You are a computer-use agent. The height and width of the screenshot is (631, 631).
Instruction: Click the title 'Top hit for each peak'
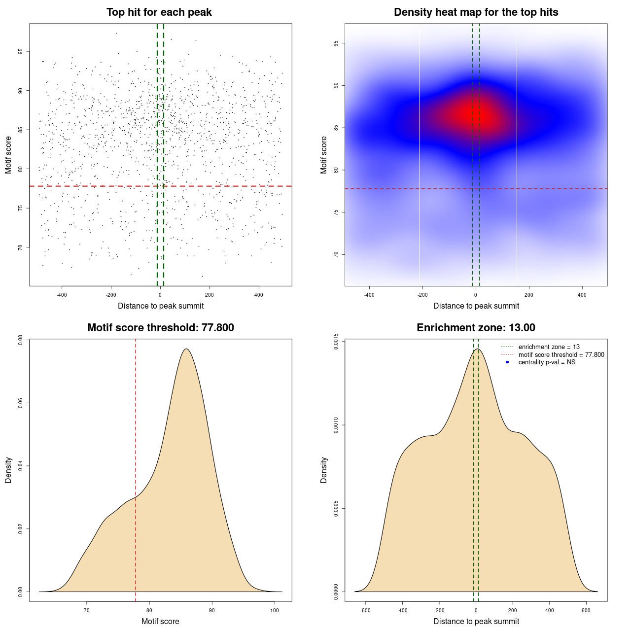click(x=159, y=12)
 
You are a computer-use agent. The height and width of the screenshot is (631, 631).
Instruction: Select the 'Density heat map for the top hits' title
click(x=476, y=12)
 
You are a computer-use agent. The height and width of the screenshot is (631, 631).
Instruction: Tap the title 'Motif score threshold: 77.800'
click(x=160, y=328)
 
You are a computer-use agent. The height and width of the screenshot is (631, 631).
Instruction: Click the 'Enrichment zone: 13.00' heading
click(x=476, y=328)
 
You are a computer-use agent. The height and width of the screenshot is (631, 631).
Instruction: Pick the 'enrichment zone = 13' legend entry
click(x=549, y=347)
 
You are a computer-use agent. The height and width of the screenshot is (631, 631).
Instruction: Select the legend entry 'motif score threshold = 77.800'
click(x=561, y=354)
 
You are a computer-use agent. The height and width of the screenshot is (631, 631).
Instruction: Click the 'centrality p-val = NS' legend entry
click(x=547, y=362)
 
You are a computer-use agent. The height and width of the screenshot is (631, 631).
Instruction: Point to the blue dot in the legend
click(x=507, y=362)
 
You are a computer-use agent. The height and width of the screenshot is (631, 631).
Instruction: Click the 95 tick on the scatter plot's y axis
click(x=21, y=51)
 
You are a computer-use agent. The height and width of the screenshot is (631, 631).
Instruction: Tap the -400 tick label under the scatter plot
click(x=62, y=295)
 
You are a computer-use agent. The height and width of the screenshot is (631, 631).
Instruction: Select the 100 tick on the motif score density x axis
click(x=275, y=610)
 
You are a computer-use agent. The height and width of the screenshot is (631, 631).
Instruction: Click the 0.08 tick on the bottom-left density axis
click(x=21, y=340)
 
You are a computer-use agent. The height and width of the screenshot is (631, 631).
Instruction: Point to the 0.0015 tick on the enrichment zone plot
click(x=336, y=342)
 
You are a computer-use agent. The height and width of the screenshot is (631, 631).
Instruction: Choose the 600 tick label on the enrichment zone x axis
click(x=586, y=610)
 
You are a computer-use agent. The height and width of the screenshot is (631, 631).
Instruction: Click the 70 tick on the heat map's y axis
click(x=336, y=254)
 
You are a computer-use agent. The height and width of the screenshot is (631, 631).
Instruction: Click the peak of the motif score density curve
click(x=186, y=349)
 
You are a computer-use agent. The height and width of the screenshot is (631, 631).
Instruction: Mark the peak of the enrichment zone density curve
click(x=477, y=349)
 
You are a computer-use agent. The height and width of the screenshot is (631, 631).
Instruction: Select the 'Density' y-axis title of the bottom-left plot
click(x=8, y=470)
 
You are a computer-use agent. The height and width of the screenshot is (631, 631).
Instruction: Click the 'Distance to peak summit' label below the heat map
click(x=476, y=306)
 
